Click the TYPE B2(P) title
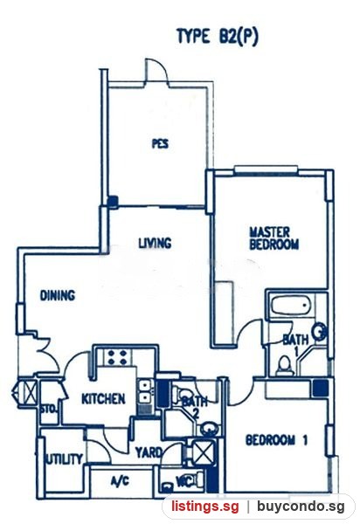pyautogui.click(x=218, y=37)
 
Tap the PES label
pyautogui.click(x=160, y=144)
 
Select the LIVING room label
pyautogui.click(x=156, y=243)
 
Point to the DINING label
pyautogui.click(x=58, y=295)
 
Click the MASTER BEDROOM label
pyautogui.click(x=273, y=238)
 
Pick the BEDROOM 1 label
pyautogui.click(x=276, y=440)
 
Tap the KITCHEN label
pyautogui.click(x=103, y=399)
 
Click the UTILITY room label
pyautogui.click(x=64, y=459)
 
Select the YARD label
pyautogui.click(x=149, y=452)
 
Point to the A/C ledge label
pyautogui.click(x=120, y=481)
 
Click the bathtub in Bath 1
pyautogui.click(x=291, y=306)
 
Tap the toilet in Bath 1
pyautogui.click(x=285, y=365)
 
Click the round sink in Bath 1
pyautogui.click(x=319, y=332)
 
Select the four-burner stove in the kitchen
pyautogui.click(x=117, y=357)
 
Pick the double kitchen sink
pyautogui.click(x=145, y=392)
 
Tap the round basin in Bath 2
pyautogui.click(x=209, y=429)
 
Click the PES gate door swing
pyautogui.click(x=156, y=71)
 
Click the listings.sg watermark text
pyautogui.click(x=205, y=507)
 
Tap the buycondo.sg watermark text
pyautogui.click(x=301, y=507)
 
